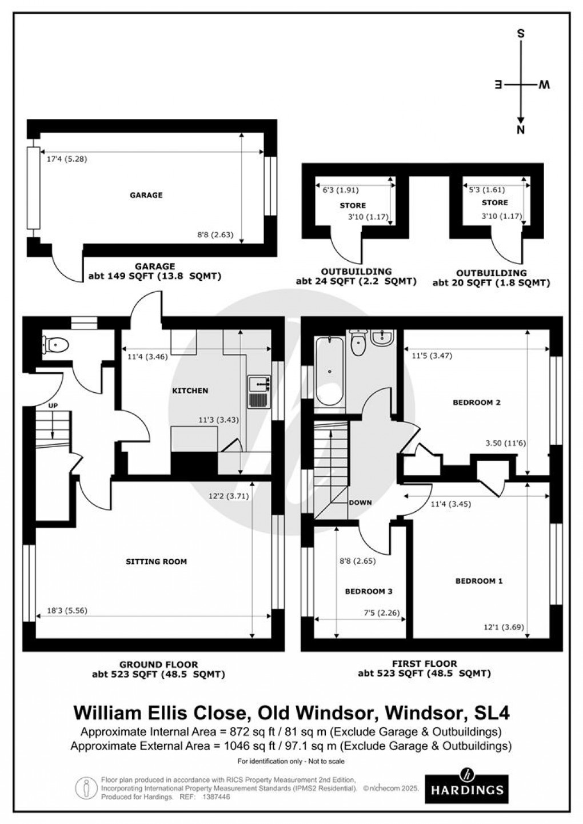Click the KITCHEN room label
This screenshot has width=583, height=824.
pos(190,391)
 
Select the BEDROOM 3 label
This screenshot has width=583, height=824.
pos(368,591)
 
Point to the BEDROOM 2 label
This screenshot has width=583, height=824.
pos(477,402)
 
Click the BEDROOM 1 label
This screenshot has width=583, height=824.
pos(479,581)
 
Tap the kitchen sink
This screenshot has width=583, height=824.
pos(259,391)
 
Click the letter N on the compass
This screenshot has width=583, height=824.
pos(520,130)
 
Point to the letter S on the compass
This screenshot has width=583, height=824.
pos(520,33)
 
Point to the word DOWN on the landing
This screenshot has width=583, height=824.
pos(360,503)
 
